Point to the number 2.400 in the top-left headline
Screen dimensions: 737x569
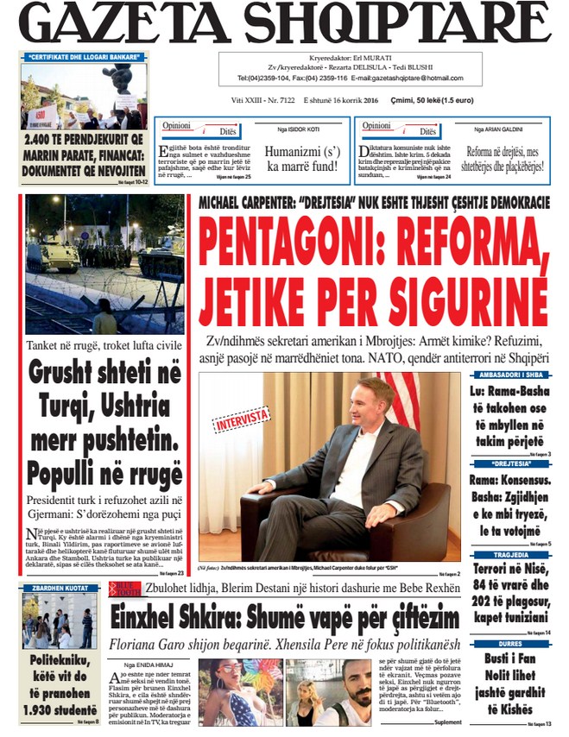coord(38,135)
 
